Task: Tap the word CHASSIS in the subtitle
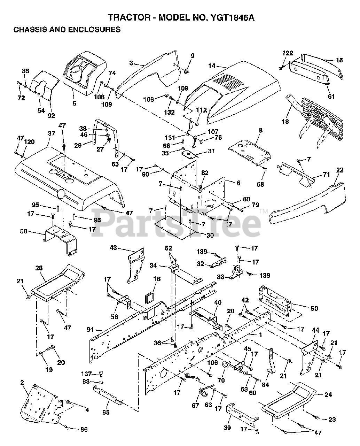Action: [x=30, y=30]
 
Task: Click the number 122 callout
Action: [x=288, y=53]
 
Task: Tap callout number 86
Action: [x=83, y=430]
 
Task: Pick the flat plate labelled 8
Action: [x=249, y=150]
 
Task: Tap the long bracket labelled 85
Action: [x=108, y=395]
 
